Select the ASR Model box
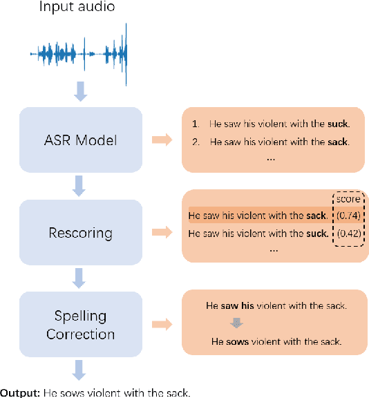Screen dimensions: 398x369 81,140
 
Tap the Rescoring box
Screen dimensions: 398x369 81,233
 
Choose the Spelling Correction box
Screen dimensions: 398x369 81,325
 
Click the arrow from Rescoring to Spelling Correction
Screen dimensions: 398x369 81,278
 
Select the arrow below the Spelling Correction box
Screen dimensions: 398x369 81,370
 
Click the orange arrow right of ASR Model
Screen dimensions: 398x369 162,141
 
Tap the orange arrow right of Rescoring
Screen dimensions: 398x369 162,233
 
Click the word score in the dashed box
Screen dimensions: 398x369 348,200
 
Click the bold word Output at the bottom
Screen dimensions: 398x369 19,392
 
